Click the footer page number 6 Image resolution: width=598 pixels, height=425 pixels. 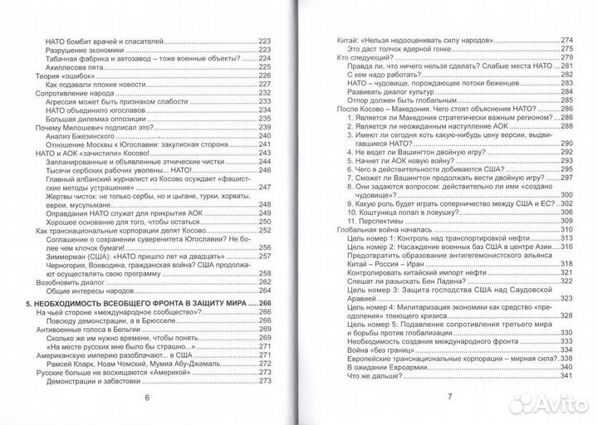[146, 397]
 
